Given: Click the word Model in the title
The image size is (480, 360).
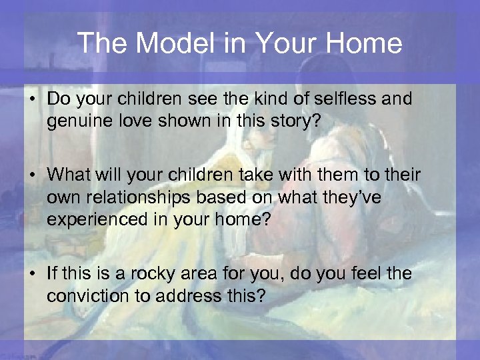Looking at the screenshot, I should (x=167, y=43).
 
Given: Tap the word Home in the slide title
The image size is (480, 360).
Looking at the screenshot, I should (x=365, y=43).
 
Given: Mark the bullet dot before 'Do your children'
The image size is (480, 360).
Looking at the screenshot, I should (x=32, y=100).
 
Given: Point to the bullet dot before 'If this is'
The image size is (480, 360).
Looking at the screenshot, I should (x=32, y=274).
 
